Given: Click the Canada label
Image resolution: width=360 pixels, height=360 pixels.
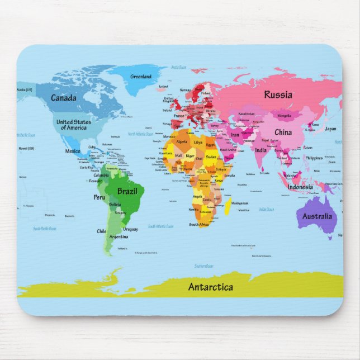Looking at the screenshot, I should coord(63,98).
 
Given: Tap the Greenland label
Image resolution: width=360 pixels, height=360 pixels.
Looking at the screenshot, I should coord(140,77).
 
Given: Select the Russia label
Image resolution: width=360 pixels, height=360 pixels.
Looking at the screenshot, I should coord(278,94).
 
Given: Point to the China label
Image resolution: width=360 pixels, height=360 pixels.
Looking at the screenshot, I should coord(283,132).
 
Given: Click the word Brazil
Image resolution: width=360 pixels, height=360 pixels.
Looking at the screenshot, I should coord(127,191).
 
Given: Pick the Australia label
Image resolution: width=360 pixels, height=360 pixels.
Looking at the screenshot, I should coord(317,216).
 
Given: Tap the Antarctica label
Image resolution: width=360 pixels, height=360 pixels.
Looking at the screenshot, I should coord(210,287).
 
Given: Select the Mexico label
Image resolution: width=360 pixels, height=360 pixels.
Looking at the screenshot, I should coord(73,151).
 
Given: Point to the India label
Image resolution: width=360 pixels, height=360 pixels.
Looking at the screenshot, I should coord(261,150).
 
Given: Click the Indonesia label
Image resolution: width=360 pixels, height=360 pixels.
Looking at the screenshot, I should coord(300,187).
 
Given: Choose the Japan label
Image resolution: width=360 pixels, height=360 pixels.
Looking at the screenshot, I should coord(330,129).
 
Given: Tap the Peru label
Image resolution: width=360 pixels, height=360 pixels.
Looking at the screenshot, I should coord(99,197).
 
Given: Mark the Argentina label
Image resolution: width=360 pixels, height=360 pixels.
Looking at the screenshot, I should coord(119,236).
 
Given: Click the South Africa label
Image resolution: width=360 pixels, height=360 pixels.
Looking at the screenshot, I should coord(198,224).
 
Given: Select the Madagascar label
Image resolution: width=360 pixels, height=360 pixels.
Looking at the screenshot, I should coord(239,203).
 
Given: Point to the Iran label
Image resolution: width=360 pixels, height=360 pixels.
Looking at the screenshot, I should coord(235,135).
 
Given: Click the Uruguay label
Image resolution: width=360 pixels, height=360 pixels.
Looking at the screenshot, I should coord(130,229).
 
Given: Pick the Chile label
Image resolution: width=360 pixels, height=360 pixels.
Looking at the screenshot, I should coord(101,231).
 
